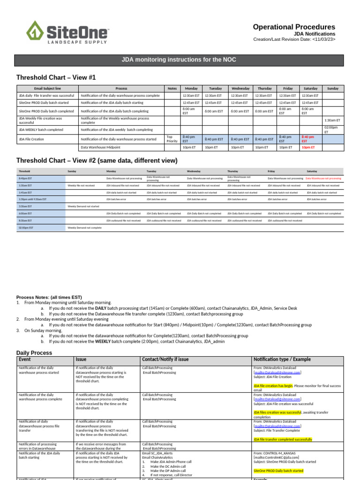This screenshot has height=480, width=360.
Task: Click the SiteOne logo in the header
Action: (x=67, y=32)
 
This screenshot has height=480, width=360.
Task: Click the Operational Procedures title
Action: (x=294, y=27)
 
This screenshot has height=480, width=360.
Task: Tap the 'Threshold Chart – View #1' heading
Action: (x=56, y=77)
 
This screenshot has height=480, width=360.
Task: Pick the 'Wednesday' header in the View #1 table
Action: (x=240, y=88)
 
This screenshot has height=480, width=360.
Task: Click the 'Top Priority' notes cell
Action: (x=172, y=139)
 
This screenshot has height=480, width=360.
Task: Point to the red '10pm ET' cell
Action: (x=308, y=147)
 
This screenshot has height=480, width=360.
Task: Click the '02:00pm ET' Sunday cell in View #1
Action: (x=332, y=129)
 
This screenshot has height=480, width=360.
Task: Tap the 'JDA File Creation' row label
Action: (x=31, y=139)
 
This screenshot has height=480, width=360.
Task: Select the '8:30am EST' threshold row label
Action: (x=25, y=220)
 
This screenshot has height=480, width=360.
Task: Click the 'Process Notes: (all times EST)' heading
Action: (x=49, y=297)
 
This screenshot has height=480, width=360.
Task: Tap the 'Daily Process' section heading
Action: (x=34, y=352)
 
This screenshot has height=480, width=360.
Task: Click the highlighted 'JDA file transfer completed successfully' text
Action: (x=283, y=439)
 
